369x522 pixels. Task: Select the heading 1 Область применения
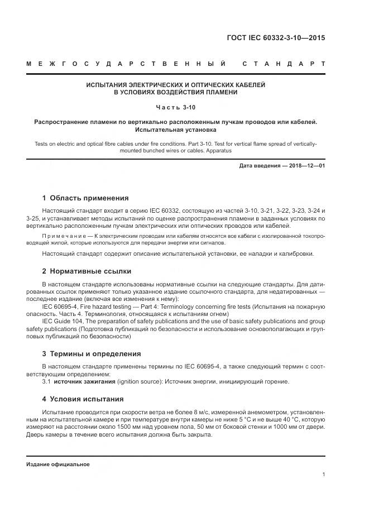coord(85,198)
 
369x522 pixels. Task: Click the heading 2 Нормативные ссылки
coord(87,271)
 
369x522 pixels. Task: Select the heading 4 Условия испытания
coord(83,399)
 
